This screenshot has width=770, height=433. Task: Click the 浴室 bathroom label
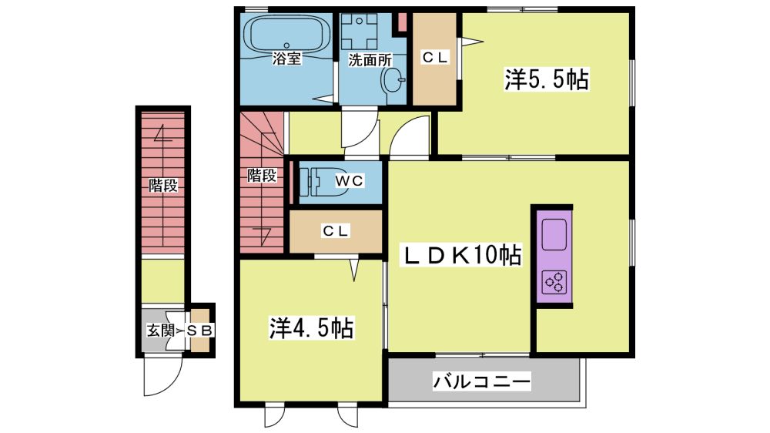point(286,59)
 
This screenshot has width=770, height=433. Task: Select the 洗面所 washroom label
point(370,60)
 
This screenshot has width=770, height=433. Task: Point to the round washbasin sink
point(393,79)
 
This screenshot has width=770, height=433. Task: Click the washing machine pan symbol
point(360,31)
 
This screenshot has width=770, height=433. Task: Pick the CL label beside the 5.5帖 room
point(434,58)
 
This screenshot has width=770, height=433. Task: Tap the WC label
point(350,181)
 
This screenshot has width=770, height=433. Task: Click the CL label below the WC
point(336,230)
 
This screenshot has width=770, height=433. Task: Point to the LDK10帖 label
point(462,255)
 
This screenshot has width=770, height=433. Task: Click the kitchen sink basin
point(554,234)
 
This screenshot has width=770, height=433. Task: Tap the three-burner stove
point(554,282)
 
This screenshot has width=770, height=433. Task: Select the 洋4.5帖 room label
point(311,328)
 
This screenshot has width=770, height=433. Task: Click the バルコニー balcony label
point(482,381)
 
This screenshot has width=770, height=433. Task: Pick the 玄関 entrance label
point(161,331)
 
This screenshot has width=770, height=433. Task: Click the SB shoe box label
point(200,331)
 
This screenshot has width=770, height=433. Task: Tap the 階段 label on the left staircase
point(163,186)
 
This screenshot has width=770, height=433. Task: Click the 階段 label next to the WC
point(262,175)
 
